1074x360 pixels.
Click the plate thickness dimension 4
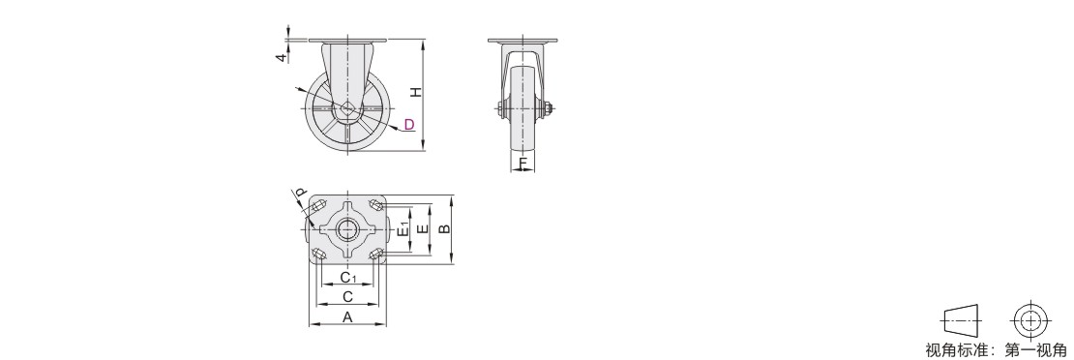pyautogui.click(x=281, y=58)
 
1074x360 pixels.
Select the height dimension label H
pyautogui.click(x=415, y=92)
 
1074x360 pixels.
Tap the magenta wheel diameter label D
pyautogui.click(x=409, y=124)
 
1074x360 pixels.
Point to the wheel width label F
pyautogui.click(x=523, y=164)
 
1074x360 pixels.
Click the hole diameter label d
pyautogui.click(x=301, y=195)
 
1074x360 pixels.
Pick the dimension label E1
pyautogui.click(x=404, y=229)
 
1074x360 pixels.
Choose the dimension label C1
pyautogui.click(x=348, y=277)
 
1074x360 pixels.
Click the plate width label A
pyautogui.click(x=348, y=316)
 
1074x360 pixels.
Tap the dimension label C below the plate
pyautogui.click(x=348, y=297)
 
